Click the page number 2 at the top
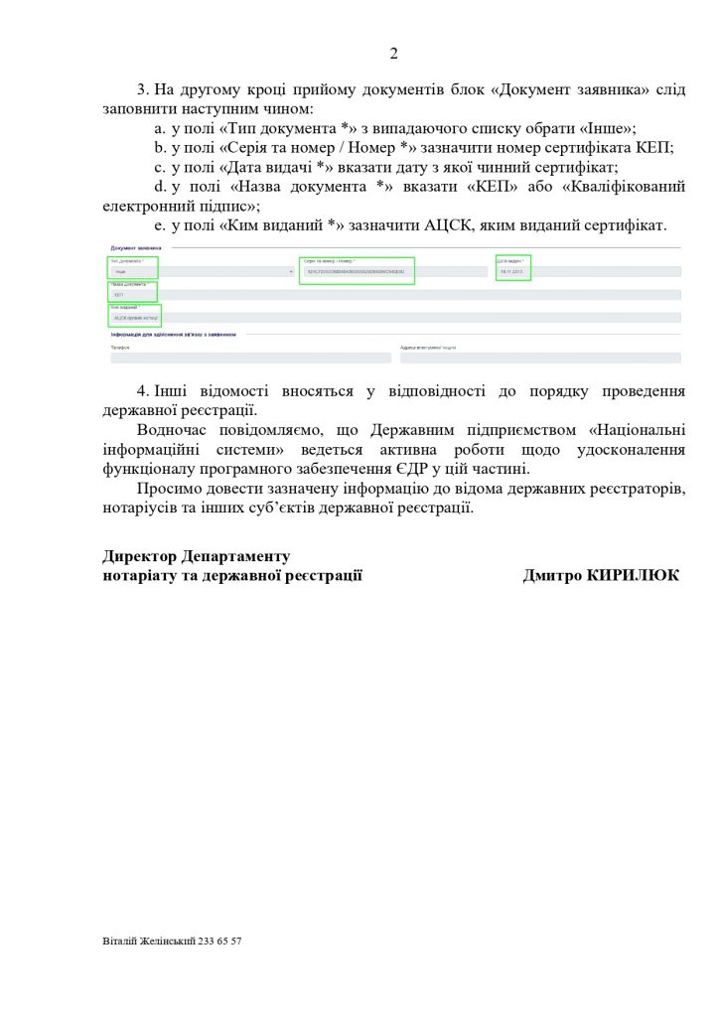coord(393,54)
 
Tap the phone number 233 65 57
coord(219,941)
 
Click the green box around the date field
coord(513,267)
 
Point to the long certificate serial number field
coord(358,271)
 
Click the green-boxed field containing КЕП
coord(132,292)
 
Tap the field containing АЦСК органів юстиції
coord(134,318)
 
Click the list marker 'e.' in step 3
coord(159,226)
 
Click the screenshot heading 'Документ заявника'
coord(136,247)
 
